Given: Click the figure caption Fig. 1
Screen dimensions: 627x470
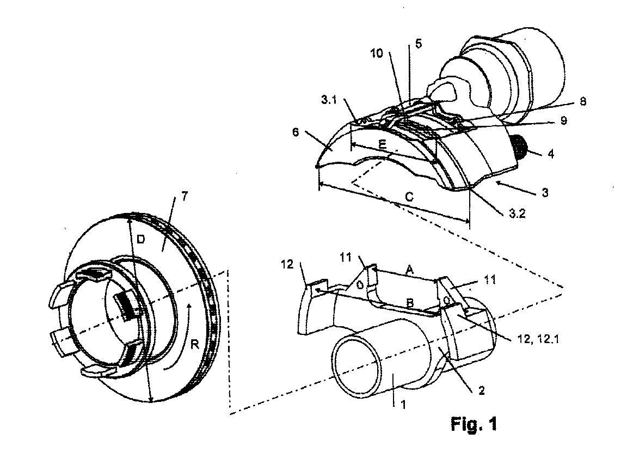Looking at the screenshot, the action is click(x=474, y=424).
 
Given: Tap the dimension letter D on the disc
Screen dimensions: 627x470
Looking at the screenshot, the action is click(x=141, y=239).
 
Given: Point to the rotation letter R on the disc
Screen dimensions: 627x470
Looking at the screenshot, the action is click(x=195, y=344).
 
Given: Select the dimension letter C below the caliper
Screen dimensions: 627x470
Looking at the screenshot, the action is click(x=409, y=197).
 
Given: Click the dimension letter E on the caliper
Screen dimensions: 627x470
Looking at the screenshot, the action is click(x=383, y=144).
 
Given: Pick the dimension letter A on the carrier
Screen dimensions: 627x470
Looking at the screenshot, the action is click(x=409, y=271).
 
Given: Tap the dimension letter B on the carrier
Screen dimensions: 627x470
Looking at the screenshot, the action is click(x=409, y=303).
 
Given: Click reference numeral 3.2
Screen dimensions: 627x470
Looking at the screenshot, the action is click(x=517, y=213).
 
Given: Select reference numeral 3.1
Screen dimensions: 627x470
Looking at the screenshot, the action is click(x=329, y=100).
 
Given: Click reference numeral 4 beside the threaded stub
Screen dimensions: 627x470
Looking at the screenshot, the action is click(x=551, y=154).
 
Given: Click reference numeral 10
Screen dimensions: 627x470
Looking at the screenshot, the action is click(x=376, y=53).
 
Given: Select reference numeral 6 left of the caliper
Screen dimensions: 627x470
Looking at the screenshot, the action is click(x=296, y=132).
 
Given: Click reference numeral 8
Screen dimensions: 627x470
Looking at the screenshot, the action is click(x=583, y=102).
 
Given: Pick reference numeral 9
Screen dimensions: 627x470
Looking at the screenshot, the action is click(x=563, y=120).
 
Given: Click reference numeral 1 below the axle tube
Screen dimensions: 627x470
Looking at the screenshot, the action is click(x=403, y=405).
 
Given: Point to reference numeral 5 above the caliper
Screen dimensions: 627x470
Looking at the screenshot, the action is click(x=418, y=44).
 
